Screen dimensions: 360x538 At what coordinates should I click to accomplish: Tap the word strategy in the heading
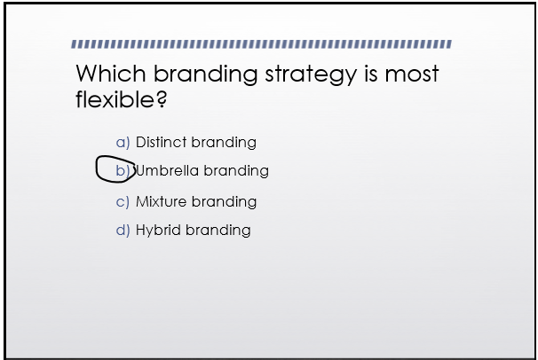(x=307, y=74)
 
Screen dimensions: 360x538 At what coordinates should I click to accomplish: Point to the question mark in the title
(x=162, y=99)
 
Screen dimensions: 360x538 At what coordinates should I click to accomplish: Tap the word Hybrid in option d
(x=157, y=230)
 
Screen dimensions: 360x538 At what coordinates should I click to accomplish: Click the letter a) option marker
(x=123, y=142)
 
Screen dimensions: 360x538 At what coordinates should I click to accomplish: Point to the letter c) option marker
(x=123, y=201)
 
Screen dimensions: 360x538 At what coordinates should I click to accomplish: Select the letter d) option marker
(x=123, y=230)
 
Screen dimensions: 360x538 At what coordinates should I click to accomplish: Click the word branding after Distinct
(x=224, y=142)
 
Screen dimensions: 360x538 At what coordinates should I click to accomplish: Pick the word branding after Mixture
(x=224, y=201)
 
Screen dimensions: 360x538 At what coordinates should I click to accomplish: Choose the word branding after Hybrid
(x=218, y=230)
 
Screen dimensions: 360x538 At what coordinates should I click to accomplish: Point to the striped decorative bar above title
(x=262, y=43)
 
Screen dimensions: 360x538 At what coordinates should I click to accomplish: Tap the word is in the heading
(x=370, y=74)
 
